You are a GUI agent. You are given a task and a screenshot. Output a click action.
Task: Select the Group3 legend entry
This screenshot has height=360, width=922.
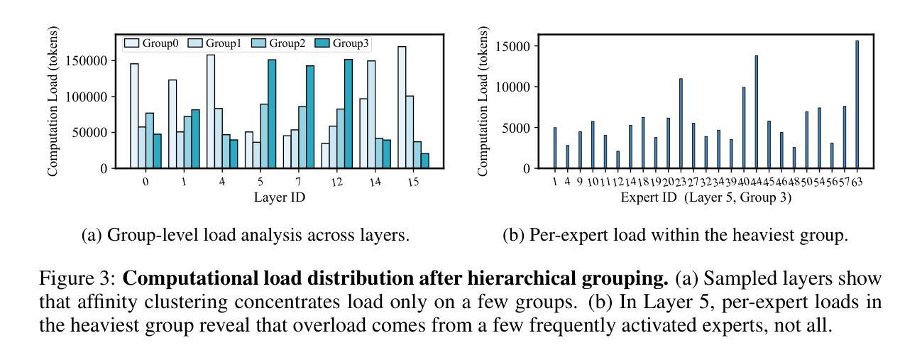[345, 43]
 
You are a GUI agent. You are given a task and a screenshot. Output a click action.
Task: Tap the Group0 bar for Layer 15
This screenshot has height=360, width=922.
[402, 107]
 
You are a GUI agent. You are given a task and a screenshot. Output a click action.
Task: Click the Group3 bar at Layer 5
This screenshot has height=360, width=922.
[271, 114]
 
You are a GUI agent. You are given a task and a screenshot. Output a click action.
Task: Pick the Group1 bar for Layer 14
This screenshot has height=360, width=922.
[371, 114]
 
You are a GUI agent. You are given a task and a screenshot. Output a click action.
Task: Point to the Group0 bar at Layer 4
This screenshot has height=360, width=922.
[211, 111]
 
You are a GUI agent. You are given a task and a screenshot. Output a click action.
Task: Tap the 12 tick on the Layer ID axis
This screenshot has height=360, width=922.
[336, 182]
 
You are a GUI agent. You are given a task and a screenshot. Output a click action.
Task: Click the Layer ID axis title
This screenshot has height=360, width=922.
[280, 197]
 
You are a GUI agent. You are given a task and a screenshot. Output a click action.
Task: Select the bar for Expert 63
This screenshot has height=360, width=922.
[857, 104]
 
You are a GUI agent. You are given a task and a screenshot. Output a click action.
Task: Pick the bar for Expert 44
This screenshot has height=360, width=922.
[756, 111]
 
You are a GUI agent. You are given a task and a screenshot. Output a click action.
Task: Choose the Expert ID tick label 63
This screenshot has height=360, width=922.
[857, 182]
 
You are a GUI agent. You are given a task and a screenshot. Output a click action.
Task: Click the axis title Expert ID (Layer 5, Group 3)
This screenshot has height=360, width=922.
[706, 197]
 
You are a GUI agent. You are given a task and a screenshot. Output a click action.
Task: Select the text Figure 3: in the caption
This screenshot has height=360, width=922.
[82, 278]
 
